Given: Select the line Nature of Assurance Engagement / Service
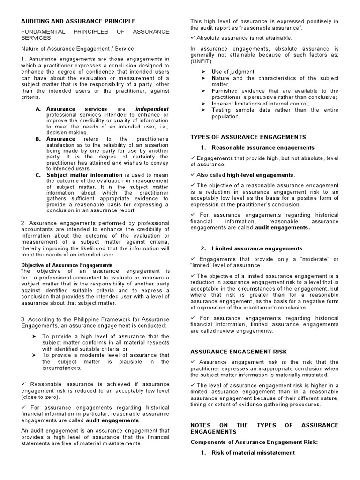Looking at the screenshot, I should click(x=77, y=48).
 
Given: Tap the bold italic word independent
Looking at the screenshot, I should click(x=152, y=109).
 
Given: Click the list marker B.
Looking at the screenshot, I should click(x=38, y=139).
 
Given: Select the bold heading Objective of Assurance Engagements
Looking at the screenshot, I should click(x=67, y=265).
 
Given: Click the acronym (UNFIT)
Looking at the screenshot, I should click(x=201, y=61).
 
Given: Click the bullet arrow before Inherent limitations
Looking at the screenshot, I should click(x=203, y=104).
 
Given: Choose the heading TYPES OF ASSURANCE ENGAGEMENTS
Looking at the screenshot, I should click(x=248, y=137).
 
